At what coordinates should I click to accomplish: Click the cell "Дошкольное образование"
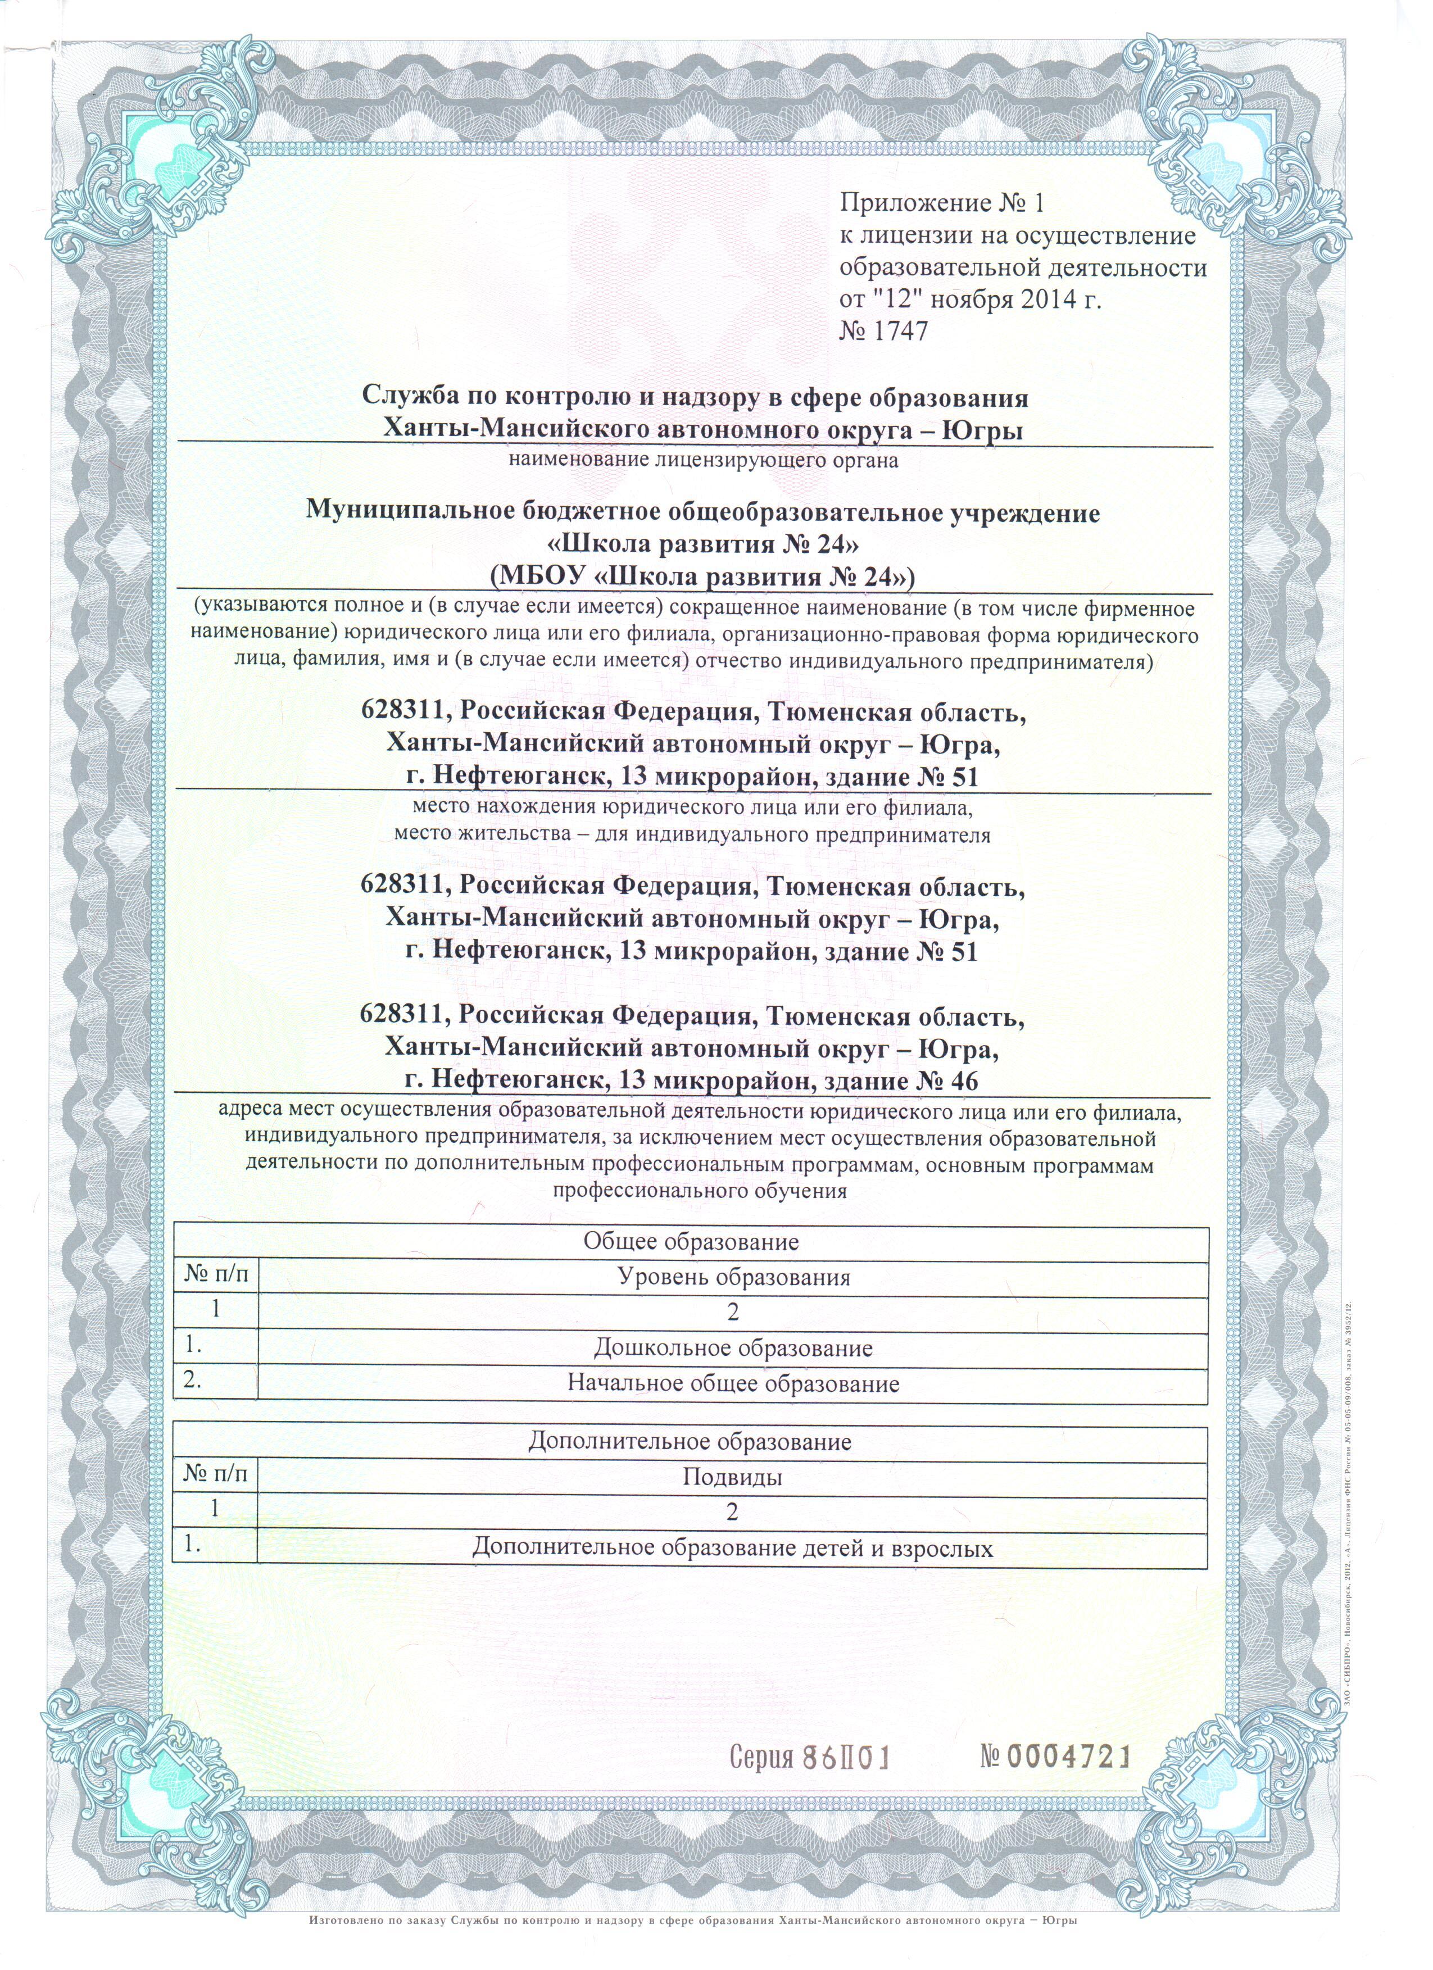733,1348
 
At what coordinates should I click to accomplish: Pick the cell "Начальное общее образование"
733,1384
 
